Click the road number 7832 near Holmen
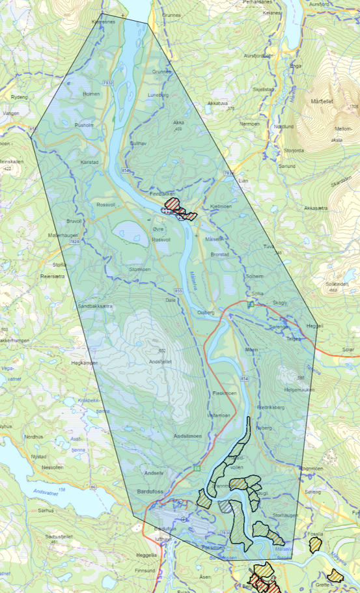click(108, 83)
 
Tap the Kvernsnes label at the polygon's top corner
click(104, 21)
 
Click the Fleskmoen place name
click(225, 394)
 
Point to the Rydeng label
click(20, 97)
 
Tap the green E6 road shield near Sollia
click(250, 304)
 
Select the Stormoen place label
click(139, 269)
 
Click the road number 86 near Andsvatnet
click(93, 486)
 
